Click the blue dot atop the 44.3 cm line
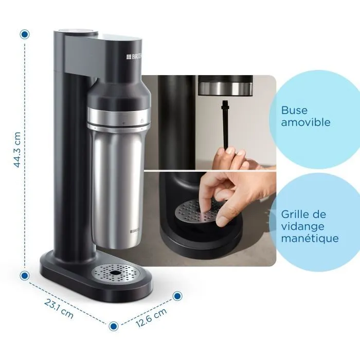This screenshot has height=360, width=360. (24, 34)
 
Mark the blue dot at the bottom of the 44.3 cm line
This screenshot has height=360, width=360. (24, 276)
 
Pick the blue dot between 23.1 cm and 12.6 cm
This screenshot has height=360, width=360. (114, 326)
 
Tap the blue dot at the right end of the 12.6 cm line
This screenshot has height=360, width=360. (177, 296)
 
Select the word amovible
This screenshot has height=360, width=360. (305, 123)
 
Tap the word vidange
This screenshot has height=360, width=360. (303, 226)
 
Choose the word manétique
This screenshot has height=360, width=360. (310, 239)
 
